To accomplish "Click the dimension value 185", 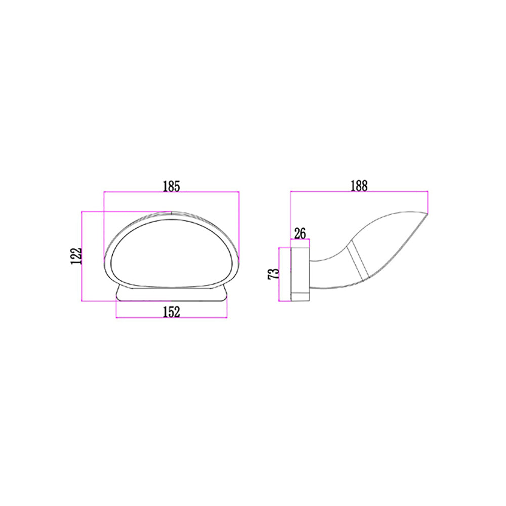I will pos(172,186).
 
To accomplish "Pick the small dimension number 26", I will pos(300,233).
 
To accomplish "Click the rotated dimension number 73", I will pos(273,274).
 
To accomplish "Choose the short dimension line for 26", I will pos(300,240).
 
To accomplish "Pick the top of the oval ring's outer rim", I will pos(171,213).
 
